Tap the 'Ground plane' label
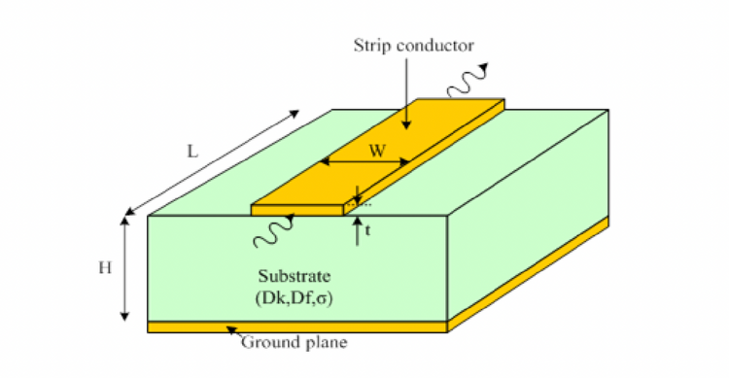point(294,342)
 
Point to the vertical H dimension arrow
point(125,268)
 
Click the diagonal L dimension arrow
point(214,161)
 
